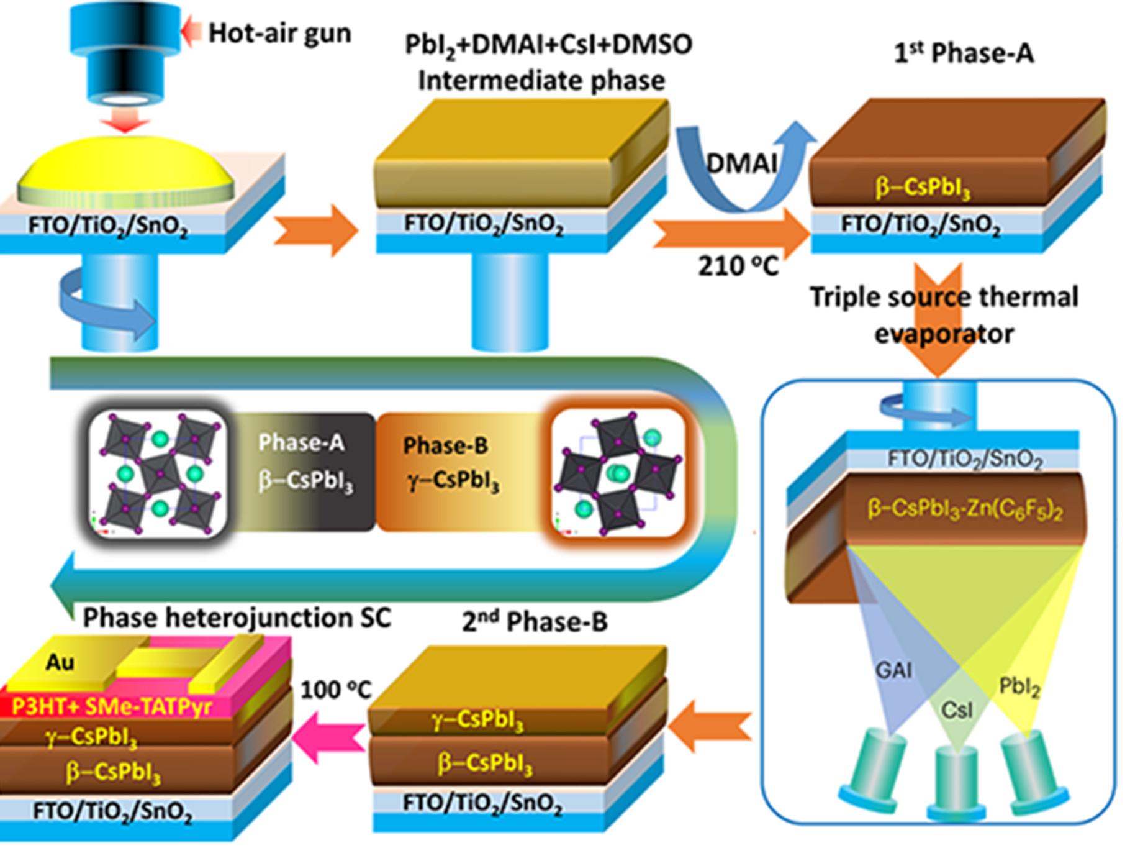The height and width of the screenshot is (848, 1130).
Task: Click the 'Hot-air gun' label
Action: [x=279, y=32]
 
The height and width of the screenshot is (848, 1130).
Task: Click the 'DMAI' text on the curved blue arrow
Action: [x=743, y=163]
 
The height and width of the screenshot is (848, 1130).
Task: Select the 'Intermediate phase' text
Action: [x=541, y=81]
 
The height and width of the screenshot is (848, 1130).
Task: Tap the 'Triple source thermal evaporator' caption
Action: [x=944, y=315]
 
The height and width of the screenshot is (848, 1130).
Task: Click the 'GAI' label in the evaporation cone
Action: [x=894, y=670]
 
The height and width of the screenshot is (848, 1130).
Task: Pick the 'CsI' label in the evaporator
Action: [x=956, y=709]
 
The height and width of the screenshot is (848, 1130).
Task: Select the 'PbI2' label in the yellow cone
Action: [x=1019, y=686]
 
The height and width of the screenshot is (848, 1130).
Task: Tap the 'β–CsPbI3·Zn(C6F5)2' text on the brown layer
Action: [x=965, y=511]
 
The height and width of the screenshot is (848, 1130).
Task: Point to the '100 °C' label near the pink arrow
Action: [x=336, y=690]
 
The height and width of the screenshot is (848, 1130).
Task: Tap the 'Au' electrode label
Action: [x=60, y=663]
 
